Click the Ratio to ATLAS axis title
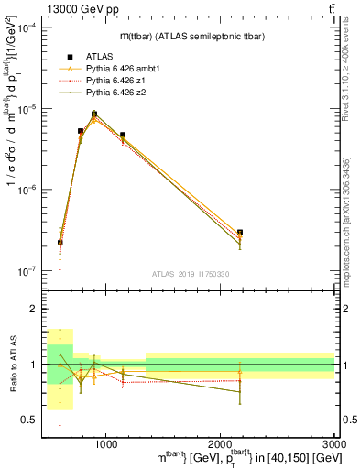coord(12,365)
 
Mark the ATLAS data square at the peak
coord(94,115)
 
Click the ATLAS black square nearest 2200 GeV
coord(240,233)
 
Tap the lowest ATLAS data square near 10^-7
coord(60,243)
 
